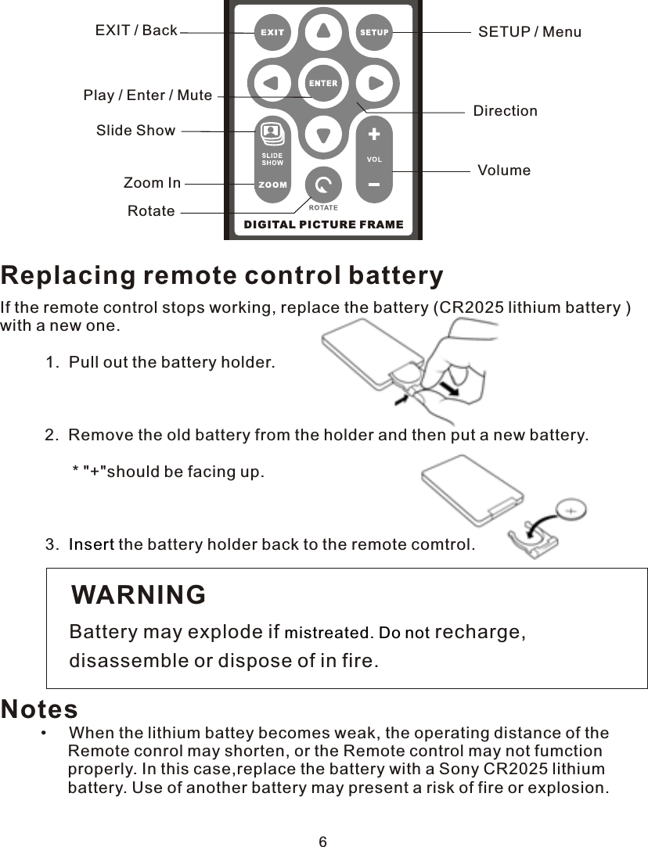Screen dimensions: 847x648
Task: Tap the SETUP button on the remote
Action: (x=374, y=33)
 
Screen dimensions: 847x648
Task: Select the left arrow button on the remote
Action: (x=272, y=83)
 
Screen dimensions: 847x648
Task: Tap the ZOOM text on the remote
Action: (x=272, y=185)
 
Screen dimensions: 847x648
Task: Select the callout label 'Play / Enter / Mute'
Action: (x=148, y=95)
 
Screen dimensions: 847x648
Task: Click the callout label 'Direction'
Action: (x=506, y=111)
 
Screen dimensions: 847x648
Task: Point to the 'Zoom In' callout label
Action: (x=152, y=184)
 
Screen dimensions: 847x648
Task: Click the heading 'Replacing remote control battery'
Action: (x=222, y=276)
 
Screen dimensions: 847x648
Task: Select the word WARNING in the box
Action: (x=139, y=595)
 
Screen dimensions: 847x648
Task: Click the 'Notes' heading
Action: (x=39, y=709)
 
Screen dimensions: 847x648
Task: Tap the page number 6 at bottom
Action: (x=322, y=842)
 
